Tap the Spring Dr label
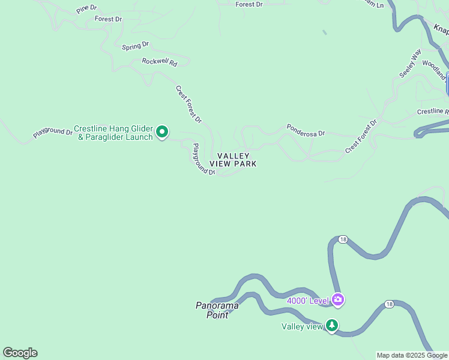pyautogui.click(x=135, y=46)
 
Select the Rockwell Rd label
pyautogui.click(x=160, y=62)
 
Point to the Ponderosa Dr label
pyautogui.click(x=306, y=130)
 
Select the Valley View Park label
pyautogui.click(x=234, y=160)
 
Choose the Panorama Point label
pyautogui.click(x=217, y=310)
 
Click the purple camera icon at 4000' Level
pyautogui.click(x=338, y=299)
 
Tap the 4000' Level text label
pyautogui.click(x=308, y=301)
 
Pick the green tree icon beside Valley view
pyautogui.click(x=332, y=326)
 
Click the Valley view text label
pyautogui.click(x=303, y=326)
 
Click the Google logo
pyautogui.click(x=20, y=353)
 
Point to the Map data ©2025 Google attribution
pyautogui.click(x=412, y=355)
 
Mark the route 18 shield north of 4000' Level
pyautogui.click(x=342, y=239)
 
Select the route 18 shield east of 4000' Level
pyautogui.click(x=390, y=304)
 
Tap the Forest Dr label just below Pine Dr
pyautogui.click(x=108, y=19)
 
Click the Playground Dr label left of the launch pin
pyautogui.click(x=53, y=131)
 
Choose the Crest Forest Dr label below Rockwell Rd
pyautogui.click(x=188, y=104)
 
